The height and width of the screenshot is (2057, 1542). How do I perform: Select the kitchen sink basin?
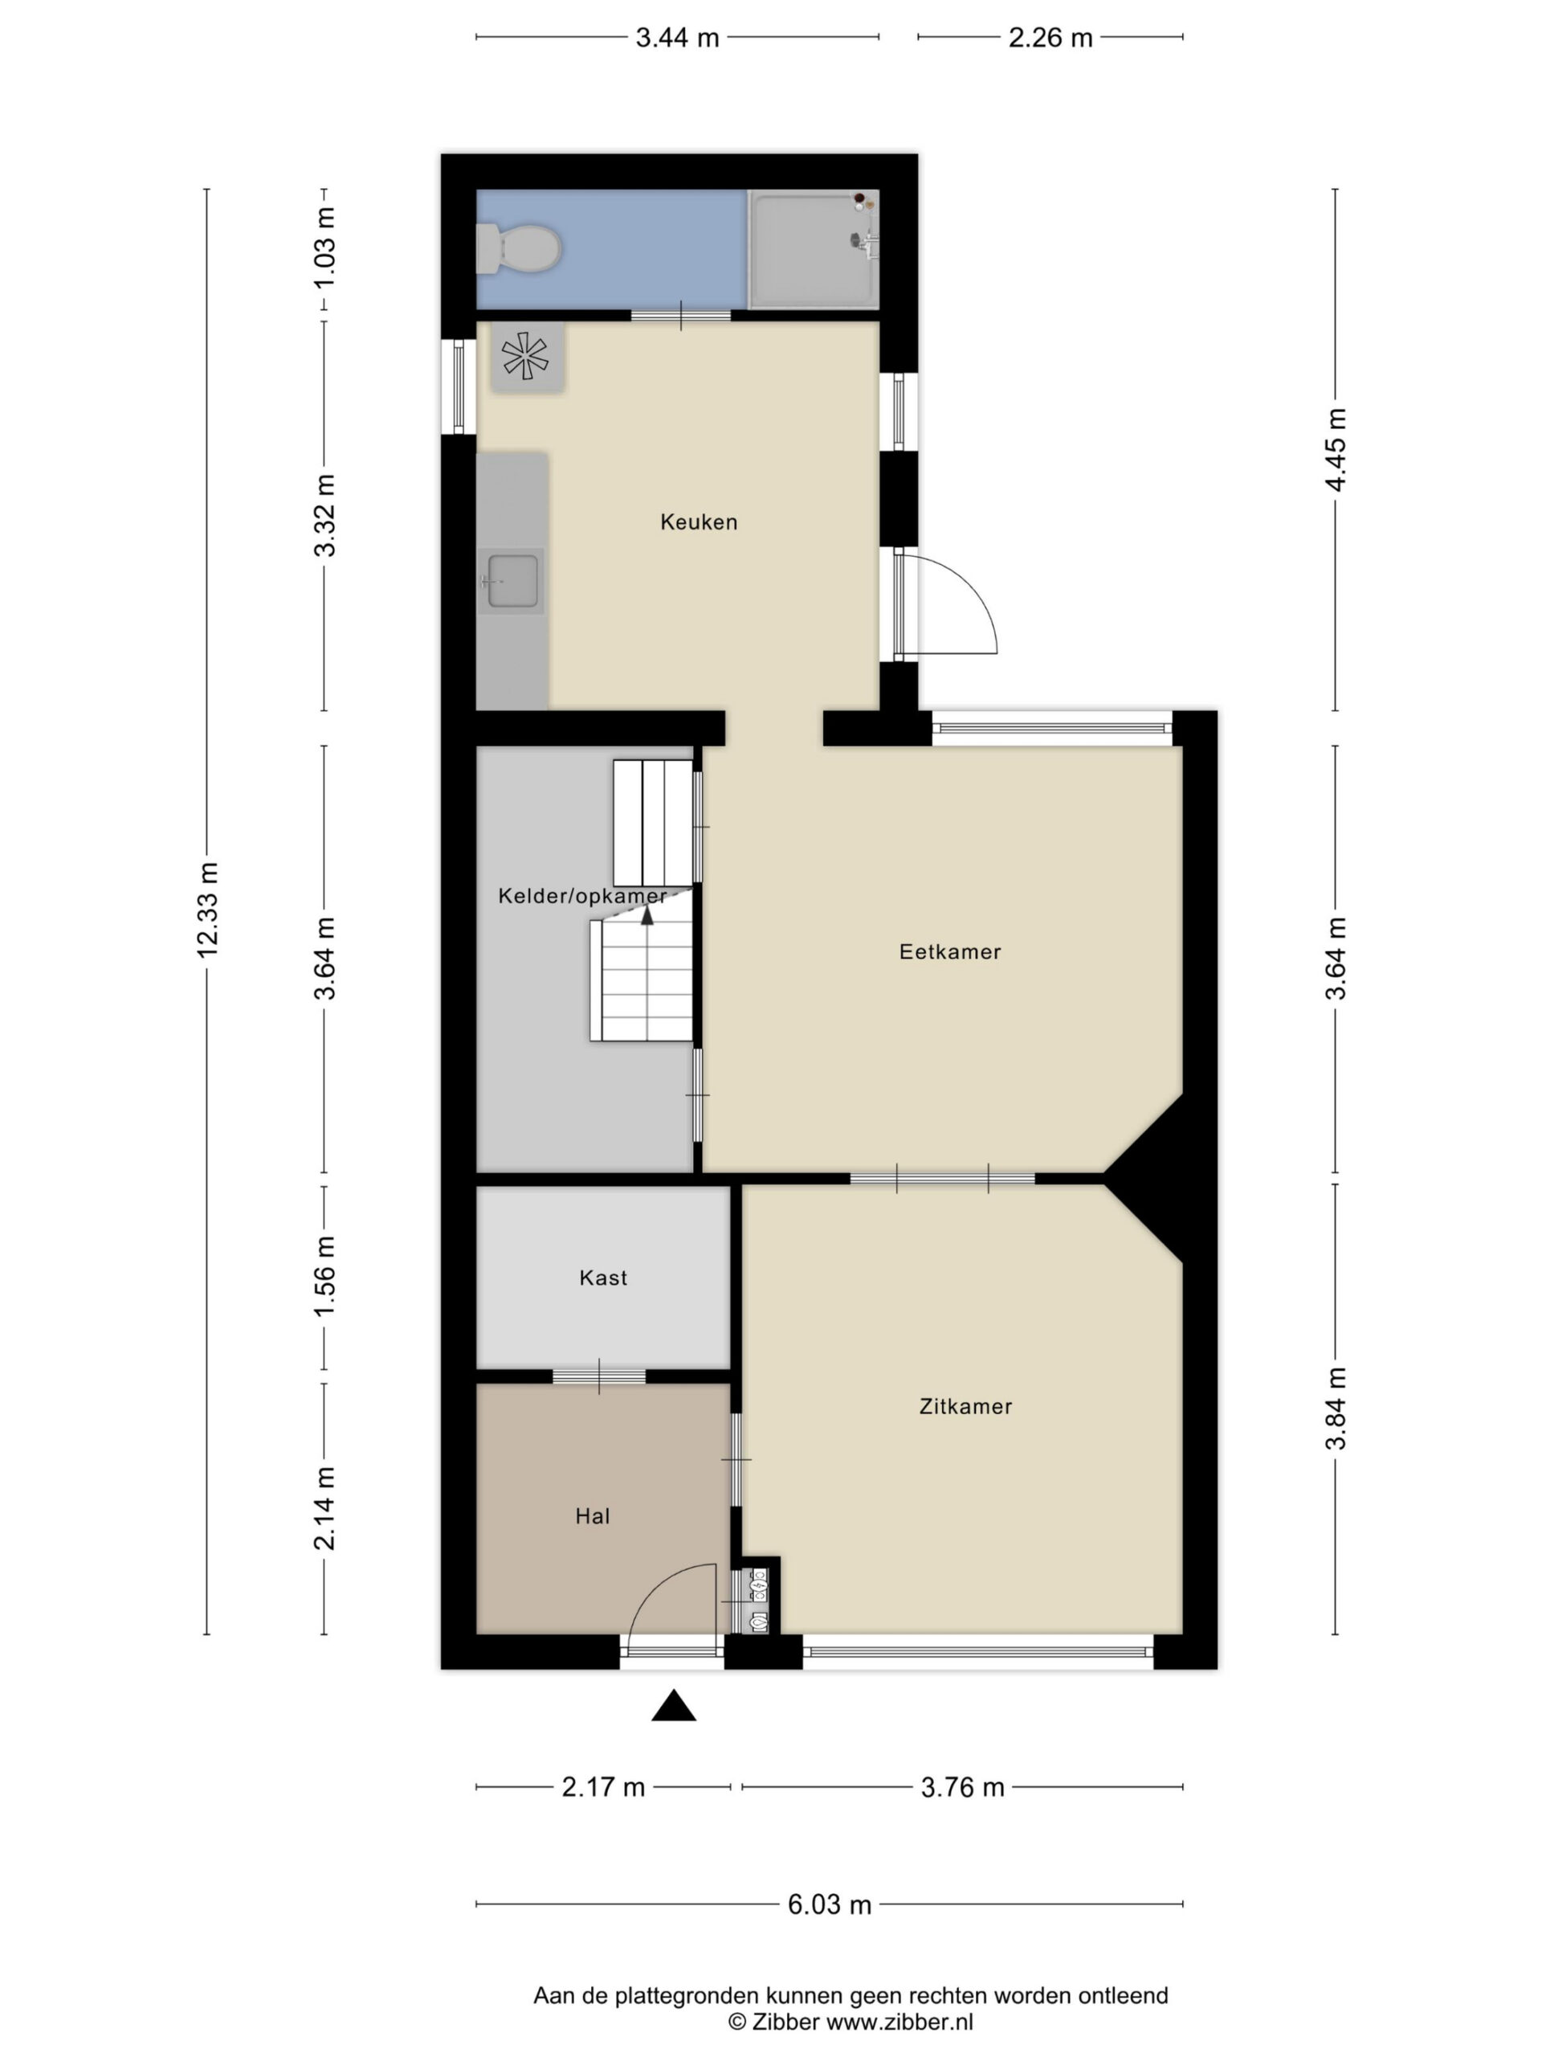[x=512, y=581]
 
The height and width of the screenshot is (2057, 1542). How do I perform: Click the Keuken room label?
[x=699, y=521]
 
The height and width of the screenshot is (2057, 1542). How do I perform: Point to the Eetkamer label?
[x=950, y=951]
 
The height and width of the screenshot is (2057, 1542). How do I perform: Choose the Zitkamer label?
[x=965, y=1406]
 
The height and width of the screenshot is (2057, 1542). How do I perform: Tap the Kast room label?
[x=603, y=1278]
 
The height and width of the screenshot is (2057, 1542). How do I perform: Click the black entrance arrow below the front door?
[x=674, y=1706]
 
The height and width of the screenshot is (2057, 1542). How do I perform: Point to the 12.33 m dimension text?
[x=206, y=909]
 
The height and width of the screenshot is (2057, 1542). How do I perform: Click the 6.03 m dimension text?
[x=830, y=1904]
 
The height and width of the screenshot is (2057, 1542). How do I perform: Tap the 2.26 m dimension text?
[x=1050, y=37]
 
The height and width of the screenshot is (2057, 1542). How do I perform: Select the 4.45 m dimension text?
[x=1336, y=449]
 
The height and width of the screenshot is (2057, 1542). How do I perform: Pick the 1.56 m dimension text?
[x=324, y=1277]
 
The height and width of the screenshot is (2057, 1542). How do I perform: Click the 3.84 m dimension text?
[x=1336, y=1409]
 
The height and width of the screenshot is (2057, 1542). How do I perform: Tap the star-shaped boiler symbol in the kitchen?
[x=525, y=355]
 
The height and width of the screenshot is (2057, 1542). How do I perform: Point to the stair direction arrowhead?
[x=647, y=915]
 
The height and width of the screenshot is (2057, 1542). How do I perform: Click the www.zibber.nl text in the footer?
[x=899, y=2021]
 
